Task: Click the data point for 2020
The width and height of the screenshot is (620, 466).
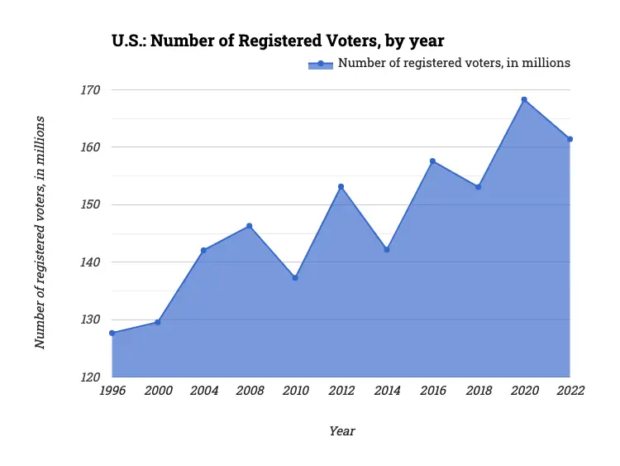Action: (x=524, y=99)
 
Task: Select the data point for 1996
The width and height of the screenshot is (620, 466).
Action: (x=112, y=333)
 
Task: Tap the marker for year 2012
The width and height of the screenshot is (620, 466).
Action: (x=341, y=186)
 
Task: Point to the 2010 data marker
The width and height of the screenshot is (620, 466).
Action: (x=295, y=277)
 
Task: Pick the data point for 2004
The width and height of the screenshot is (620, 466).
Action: (x=203, y=250)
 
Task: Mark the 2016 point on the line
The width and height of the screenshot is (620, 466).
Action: (x=432, y=161)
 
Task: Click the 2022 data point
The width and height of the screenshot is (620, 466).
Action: (x=570, y=139)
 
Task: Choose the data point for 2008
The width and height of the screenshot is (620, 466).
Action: (x=249, y=226)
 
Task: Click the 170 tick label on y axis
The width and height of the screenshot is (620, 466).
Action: (x=89, y=89)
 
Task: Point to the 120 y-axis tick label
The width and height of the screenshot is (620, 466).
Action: (x=89, y=377)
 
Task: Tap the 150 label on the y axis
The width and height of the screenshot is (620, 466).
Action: (x=89, y=204)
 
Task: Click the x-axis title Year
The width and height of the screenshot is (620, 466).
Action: (x=341, y=431)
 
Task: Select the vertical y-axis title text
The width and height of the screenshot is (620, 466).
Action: (x=40, y=233)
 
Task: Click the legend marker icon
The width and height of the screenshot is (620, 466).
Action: (x=320, y=64)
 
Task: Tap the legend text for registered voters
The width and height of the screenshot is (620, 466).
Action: (x=454, y=63)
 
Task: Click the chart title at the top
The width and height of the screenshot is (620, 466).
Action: (x=278, y=40)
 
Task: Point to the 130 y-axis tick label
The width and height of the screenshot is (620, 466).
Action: (x=89, y=319)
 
